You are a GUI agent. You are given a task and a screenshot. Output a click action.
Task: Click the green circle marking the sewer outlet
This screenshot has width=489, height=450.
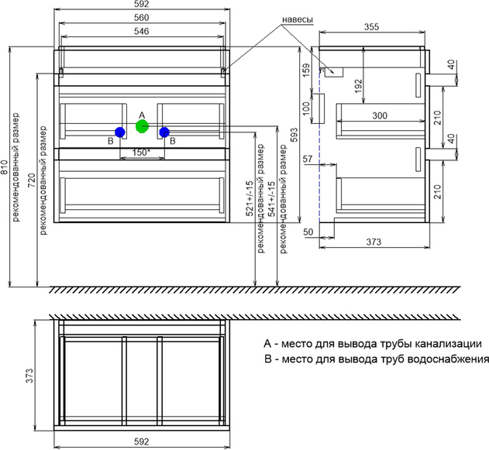[x=141, y=125]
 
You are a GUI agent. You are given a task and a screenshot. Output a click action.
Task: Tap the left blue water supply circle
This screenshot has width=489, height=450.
[x=119, y=132]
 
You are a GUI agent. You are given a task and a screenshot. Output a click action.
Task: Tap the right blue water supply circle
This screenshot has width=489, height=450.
[x=164, y=132]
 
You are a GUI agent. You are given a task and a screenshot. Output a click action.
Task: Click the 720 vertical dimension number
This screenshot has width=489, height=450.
[x=32, y=183]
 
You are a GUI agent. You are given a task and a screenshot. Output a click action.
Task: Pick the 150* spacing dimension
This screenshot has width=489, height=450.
[x=140, y=153]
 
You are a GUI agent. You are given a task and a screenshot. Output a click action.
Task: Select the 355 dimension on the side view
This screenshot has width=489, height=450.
[x=373, y=27]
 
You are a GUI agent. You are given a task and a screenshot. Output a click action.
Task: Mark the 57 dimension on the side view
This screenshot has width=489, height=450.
[x=307, y=159]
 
